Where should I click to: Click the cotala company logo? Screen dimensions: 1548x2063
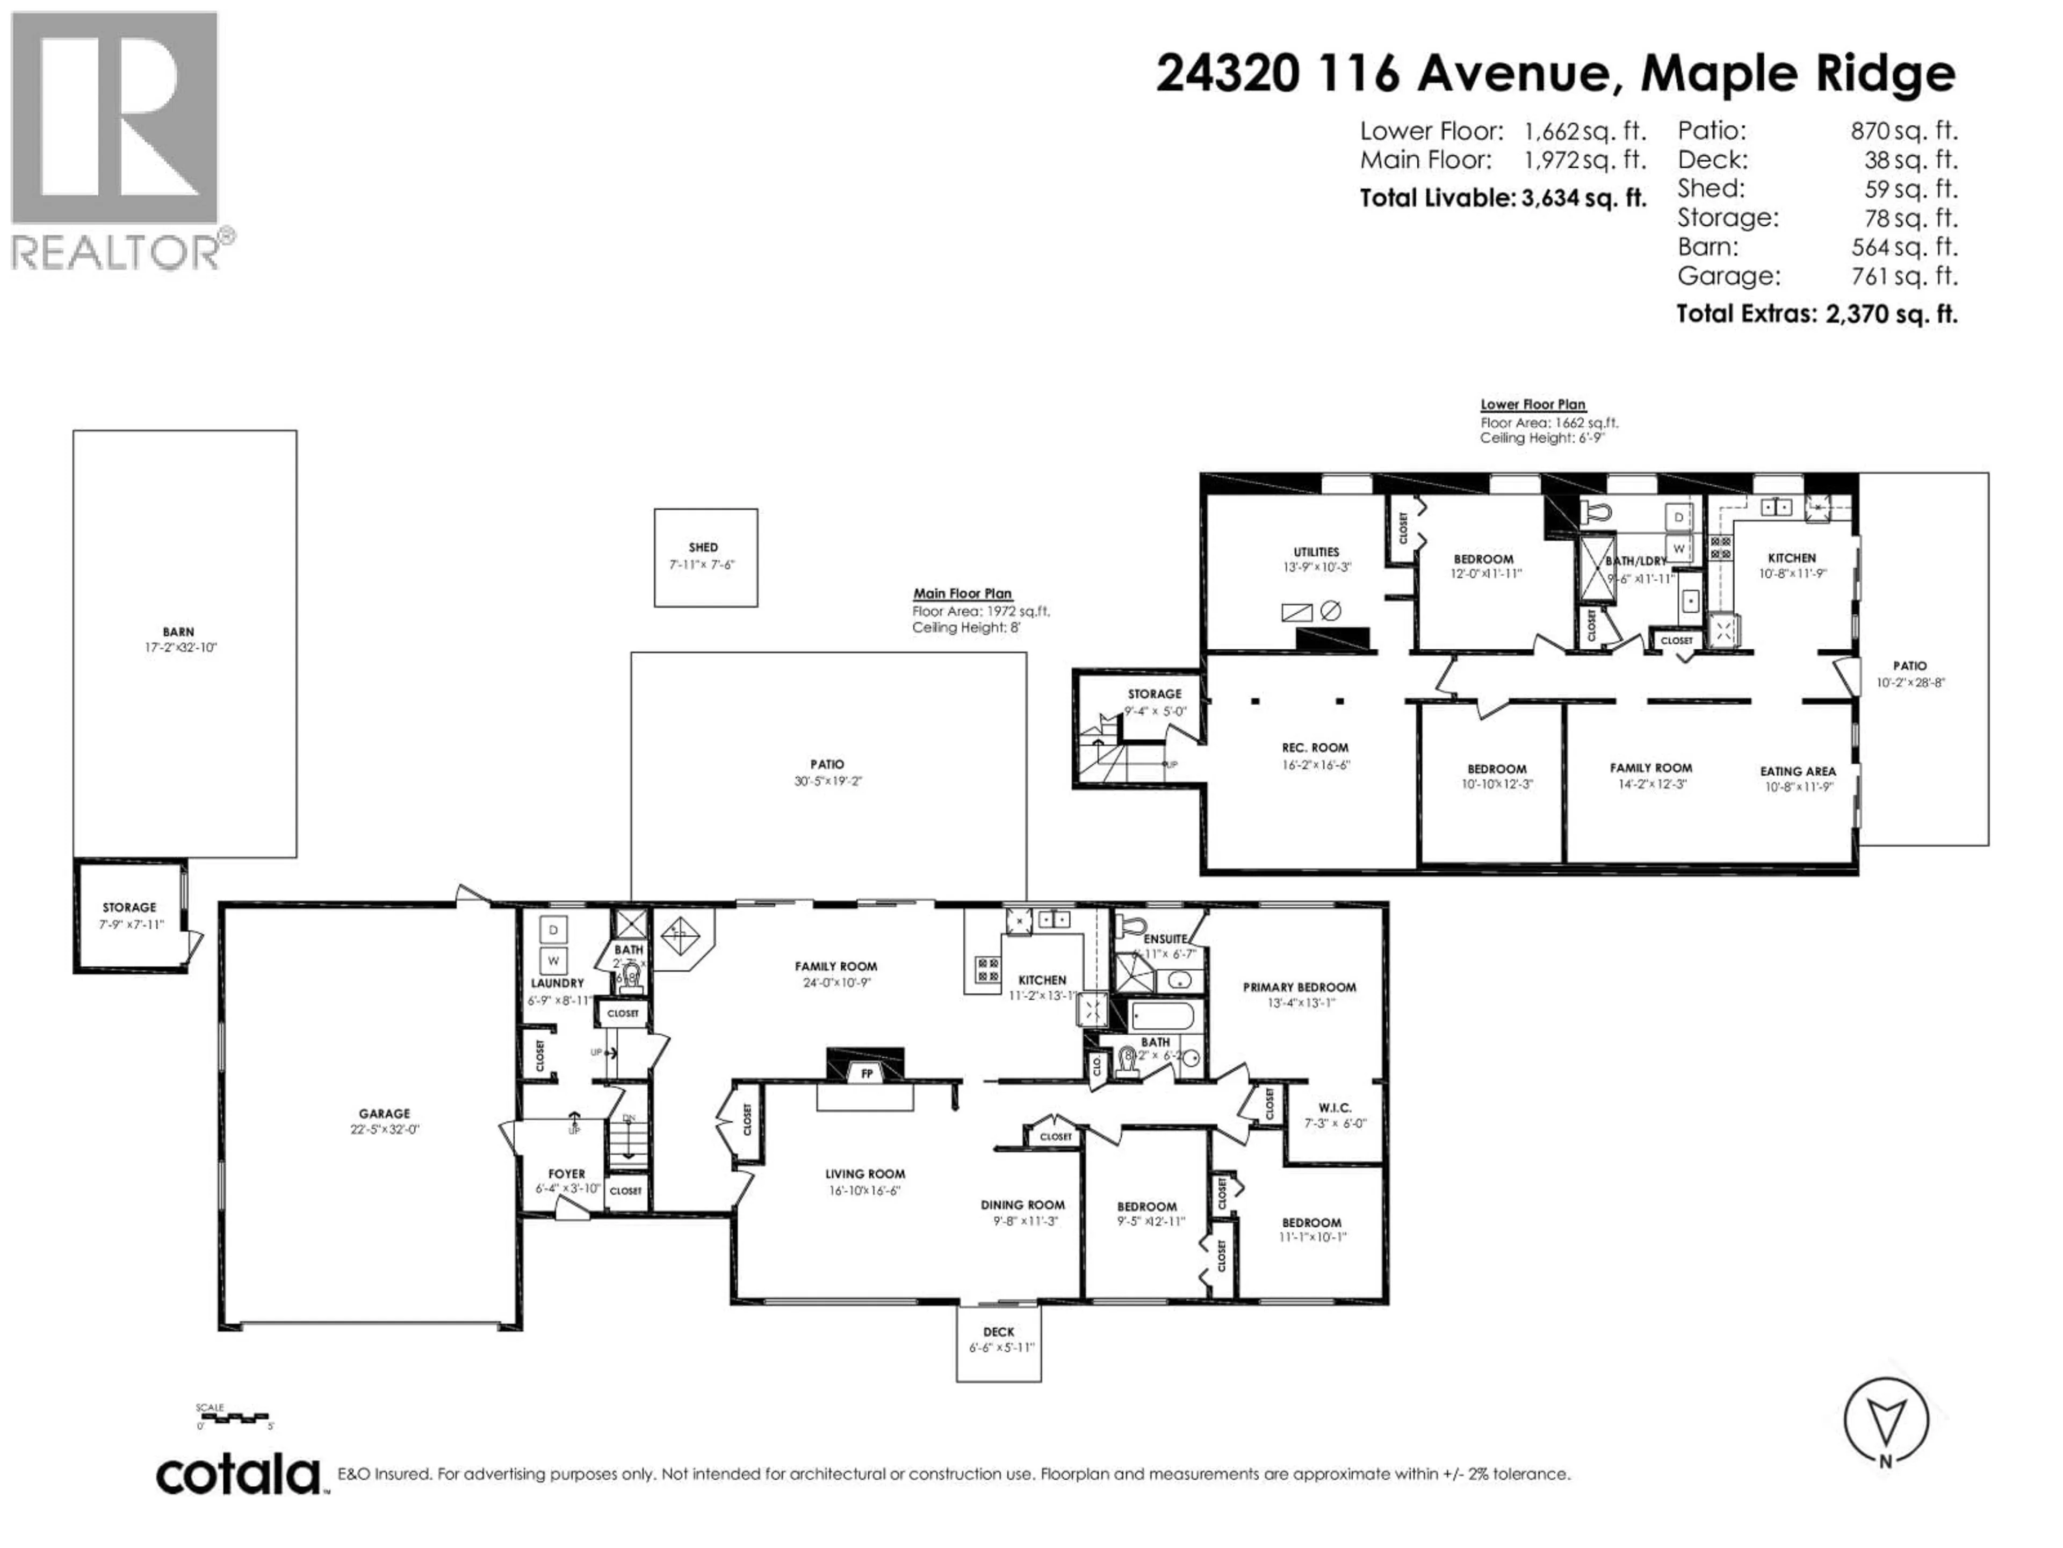239,1475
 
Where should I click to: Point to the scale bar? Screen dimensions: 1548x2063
234,1416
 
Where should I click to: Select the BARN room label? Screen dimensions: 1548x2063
178,632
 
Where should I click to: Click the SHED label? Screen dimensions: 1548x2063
703,548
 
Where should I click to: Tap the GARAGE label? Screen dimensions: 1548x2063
384,1113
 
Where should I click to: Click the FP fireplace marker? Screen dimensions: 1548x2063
867,1074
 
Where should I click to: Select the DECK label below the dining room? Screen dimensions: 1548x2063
999,1331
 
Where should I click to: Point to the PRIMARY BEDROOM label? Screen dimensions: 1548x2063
1299,987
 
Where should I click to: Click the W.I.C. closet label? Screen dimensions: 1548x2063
1335,1108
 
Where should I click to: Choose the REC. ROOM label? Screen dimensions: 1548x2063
1315,748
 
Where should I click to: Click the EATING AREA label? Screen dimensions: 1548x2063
1797,772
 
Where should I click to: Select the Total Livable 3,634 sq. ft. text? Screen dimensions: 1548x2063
1503,198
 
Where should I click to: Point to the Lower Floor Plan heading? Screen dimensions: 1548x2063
1532,404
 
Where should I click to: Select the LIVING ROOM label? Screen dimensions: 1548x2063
864,1174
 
